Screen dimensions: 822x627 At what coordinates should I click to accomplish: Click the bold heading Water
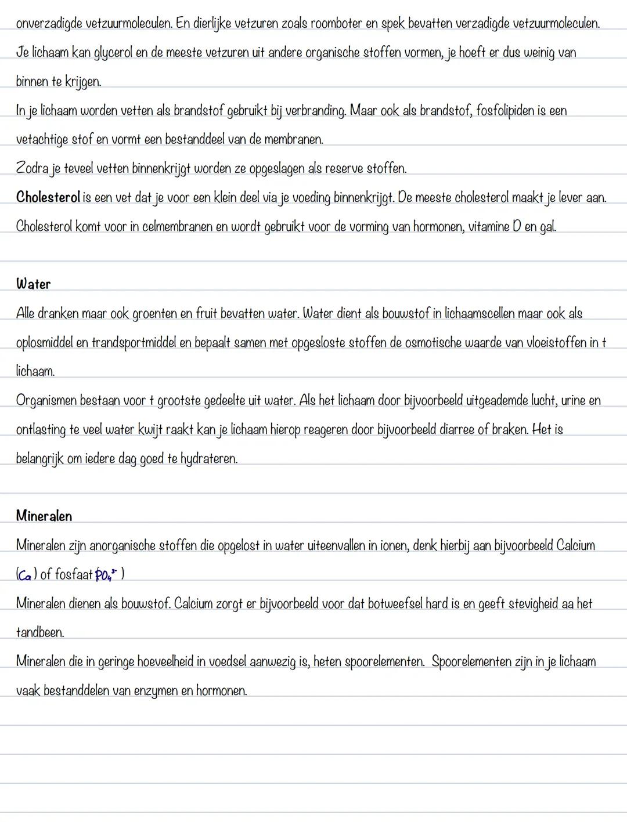coord(33,284)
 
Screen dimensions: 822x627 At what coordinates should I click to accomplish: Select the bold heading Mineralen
coord(44,516)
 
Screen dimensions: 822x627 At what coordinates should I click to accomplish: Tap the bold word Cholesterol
coord(48,197)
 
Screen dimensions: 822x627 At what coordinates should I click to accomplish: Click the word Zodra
coord(31,168)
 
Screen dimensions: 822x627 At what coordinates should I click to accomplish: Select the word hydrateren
coord(208,459)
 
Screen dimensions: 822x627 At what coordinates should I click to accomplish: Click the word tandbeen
coord(39,633)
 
